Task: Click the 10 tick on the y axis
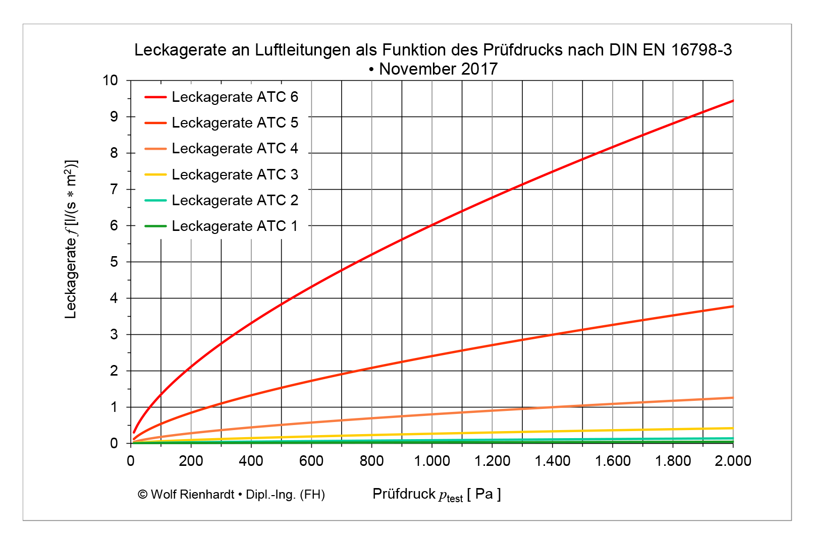click(110, 80)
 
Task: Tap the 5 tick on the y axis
click(114, 262)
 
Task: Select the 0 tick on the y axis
click(114, 443)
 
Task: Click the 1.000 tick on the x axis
click(432, 461)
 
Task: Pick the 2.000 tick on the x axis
click(733, 461)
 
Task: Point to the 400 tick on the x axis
click(251, 461)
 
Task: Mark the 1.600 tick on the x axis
click(613, 461)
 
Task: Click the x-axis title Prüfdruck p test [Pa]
click(437, 495)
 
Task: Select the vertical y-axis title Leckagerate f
click(71, 239)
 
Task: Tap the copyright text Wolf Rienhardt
click(231, 495)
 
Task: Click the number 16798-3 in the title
click(701, 50)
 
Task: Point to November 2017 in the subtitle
click(438, 69)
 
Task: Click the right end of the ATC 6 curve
click(732, 101)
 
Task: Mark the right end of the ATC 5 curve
click(732, 307)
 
